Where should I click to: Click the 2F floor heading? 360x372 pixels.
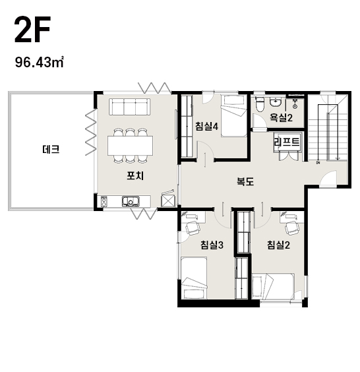pyautogui.click(x=32, y=30)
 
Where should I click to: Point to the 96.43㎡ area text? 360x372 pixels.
pyautogui.click(x=40, y=62)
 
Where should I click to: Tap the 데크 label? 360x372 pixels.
pyautogui.click(x=51, y=150)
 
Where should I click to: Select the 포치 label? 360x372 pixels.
pyautogui.click(x=135, y=176)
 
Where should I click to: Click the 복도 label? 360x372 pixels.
pyautogui.click(x=245, y=181)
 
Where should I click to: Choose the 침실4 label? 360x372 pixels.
pyautogui.click(x=206, y=126)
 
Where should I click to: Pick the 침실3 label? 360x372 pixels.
pyautogui.click(x=212, y=245)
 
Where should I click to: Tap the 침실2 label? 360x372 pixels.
pyautogui.click(x=278, y=245)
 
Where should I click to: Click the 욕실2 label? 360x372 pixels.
pyautogui.click(x=282, y=117)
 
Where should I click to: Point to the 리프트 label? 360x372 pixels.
pyautogui.click(x=287, y=142)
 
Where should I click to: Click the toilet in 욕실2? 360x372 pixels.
pyautogui.click(x=259, y=104)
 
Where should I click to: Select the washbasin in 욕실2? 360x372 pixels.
pyautogui.click(x=276, y=102)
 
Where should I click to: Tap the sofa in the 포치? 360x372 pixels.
pyautogui.click(x=129, y=107)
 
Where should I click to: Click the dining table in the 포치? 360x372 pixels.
pyautogui.click(x=130, y=146)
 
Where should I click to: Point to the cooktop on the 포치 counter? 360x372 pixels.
pyautogui.click(x=104, y=201)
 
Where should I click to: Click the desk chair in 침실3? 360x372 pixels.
pyautogui.click(x=193, y=228)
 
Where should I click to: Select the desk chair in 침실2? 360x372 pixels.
pyautogui.click(x=292, y=228)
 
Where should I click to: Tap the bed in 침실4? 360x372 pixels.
pyautogui.click(x=234, y=116)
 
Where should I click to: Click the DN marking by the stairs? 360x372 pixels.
pyautogui.click(x=317, y=162)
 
